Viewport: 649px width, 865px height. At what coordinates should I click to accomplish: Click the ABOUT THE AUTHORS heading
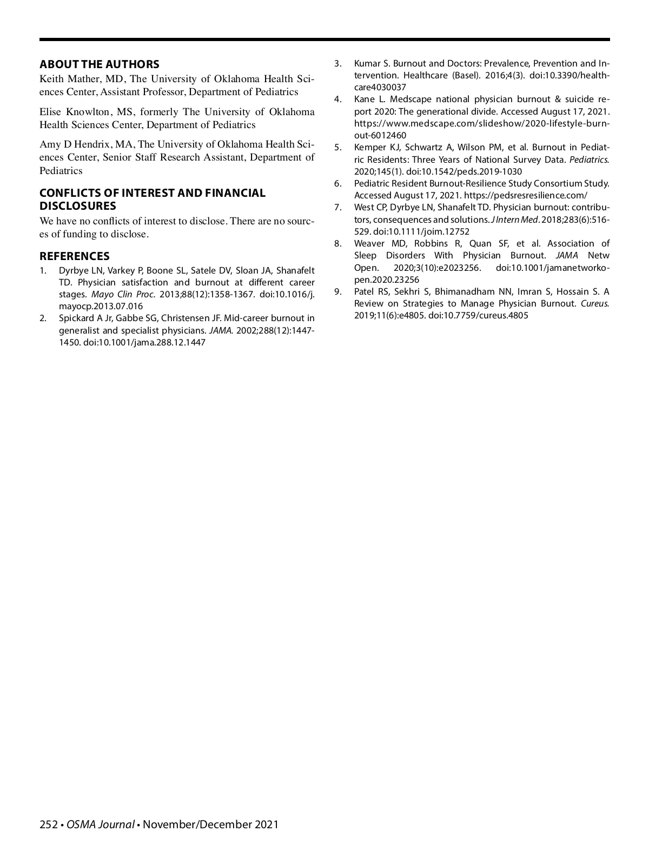pos(100,64)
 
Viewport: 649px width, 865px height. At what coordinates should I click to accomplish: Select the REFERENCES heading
pos(75,256)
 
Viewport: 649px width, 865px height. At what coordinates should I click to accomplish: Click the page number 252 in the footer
pos(49,824)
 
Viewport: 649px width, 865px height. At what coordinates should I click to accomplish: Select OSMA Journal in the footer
pos(101,824)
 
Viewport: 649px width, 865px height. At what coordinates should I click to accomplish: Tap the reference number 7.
pos(337,208)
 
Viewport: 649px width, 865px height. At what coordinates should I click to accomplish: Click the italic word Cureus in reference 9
pos(594,304)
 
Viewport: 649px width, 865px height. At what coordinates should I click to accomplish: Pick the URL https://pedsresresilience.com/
pos(526,196)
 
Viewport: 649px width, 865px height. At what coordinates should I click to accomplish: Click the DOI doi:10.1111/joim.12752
pos(421,232)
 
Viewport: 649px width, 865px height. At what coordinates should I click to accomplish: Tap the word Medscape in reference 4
pos(410,99)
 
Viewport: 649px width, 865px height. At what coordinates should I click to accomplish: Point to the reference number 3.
pos(337,64)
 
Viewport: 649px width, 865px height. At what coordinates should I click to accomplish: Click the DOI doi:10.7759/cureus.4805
pos(478,316)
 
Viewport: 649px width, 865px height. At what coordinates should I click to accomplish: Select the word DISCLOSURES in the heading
pos(78,206)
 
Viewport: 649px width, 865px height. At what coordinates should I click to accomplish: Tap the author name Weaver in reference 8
pos(369,244)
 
